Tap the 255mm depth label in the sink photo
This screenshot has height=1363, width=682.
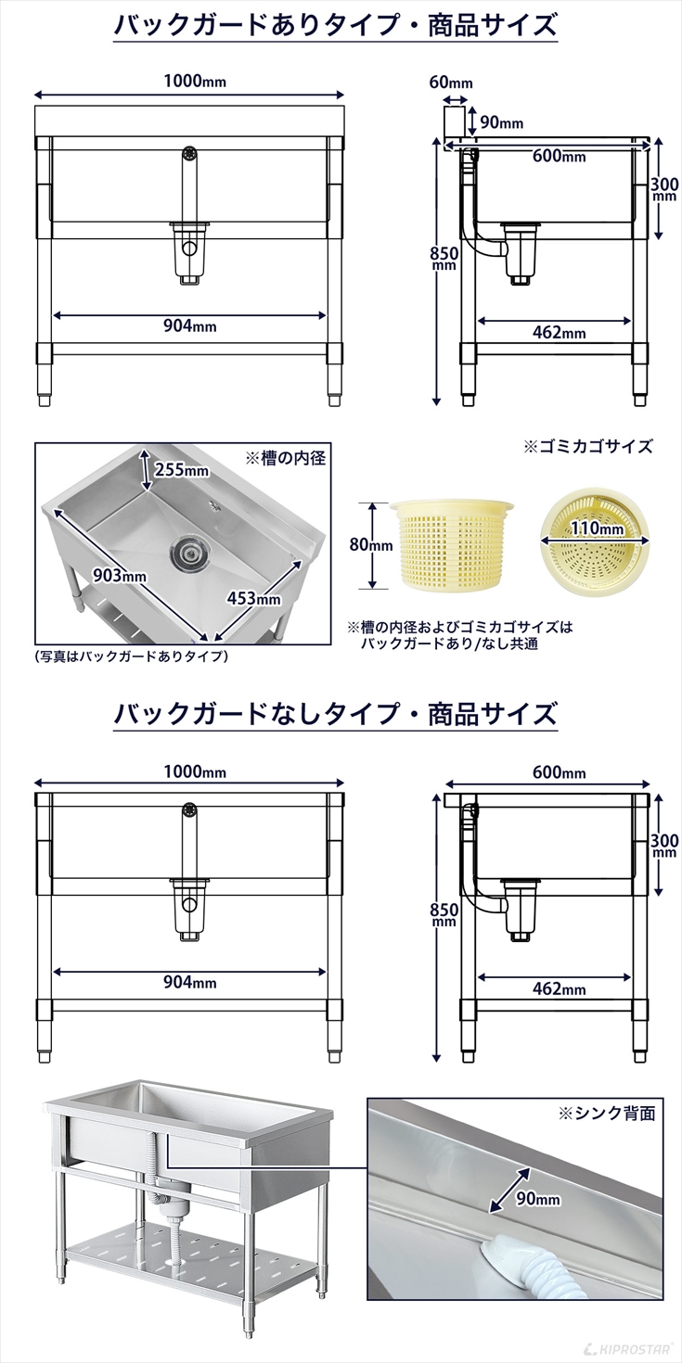(181, 469)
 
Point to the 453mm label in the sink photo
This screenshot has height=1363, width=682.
(253, 598)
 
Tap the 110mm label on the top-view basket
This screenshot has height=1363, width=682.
(597, 529)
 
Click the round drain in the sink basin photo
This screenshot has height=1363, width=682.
(188, 554)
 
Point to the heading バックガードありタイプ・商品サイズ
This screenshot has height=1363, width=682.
(335, 24)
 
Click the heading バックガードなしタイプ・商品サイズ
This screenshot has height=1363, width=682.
(335, 714)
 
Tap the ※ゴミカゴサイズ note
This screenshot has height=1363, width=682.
(588, 446)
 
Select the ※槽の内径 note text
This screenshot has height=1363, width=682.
(285, 458)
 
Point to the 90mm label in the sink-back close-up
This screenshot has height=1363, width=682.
(538, 1199)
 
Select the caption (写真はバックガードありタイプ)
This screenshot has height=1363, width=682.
(131, 656)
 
